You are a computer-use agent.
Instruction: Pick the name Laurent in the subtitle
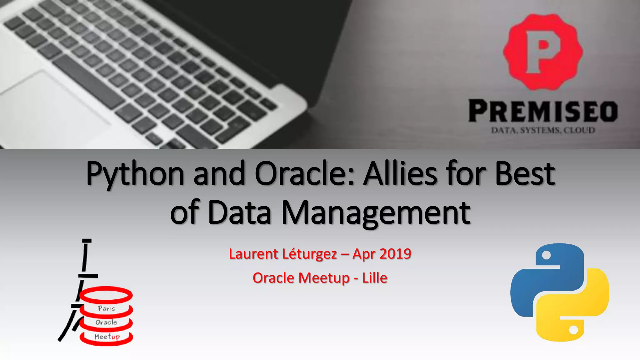[253, 254]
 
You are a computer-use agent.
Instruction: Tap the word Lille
[375, 278]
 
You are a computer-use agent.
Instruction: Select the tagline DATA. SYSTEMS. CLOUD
[543, 130]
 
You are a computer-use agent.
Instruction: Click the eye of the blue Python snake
[546, 255]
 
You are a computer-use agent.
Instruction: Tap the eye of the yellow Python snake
[573, 330]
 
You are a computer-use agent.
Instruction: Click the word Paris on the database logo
[107, 308]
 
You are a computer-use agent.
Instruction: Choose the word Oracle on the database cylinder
[107, 322]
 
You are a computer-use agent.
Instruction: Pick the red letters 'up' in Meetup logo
[115, 337]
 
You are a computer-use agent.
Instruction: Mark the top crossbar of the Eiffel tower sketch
[87, 241]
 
